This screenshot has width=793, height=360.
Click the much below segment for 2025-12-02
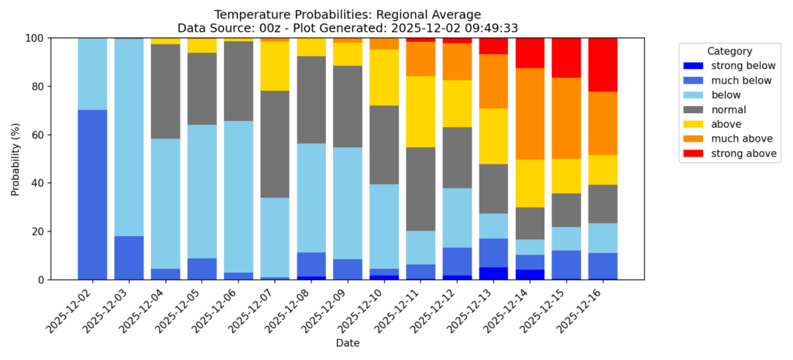pyautogui.click(x=92, y=194)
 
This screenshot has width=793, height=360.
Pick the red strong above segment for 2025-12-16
pyautogui.click(x=602, y=64)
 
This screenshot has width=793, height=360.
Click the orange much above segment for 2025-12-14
pyautogui.click(x=530, y=114)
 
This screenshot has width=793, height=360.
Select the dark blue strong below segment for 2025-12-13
pyautogui.click(x=493, y=273)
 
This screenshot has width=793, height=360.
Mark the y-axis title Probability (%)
pyautogui.click(x=15, y=159)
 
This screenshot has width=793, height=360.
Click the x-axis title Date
pyautogui.click(x=348, y=342)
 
